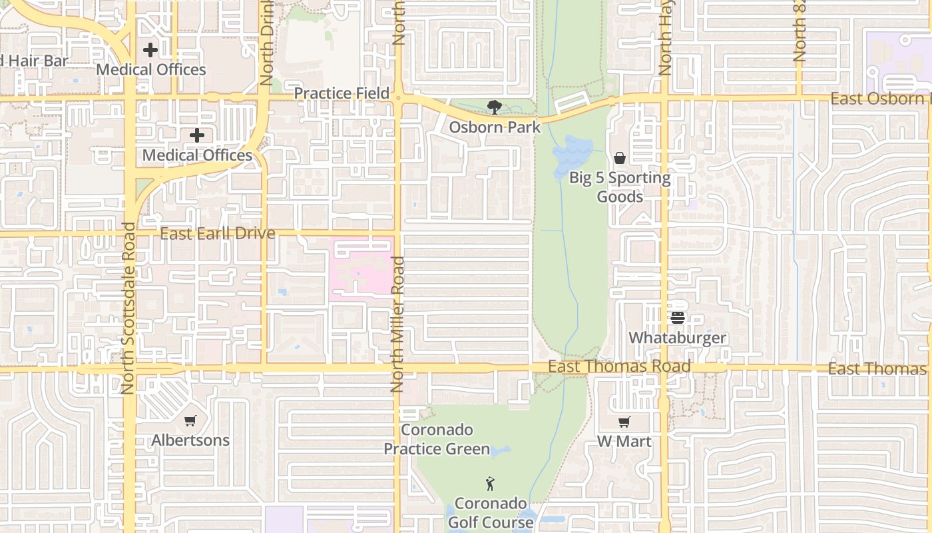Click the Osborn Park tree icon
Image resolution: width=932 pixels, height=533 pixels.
click(x=494, y=107)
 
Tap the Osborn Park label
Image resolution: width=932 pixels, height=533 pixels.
click(x=494, y=127)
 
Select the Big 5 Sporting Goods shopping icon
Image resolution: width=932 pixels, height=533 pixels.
click(x=620, y=158)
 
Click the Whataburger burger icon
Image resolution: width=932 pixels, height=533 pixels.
click(x=678, y=318)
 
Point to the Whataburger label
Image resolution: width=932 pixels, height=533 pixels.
click(x=678, y=338)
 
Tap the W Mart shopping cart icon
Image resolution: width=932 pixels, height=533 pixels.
click(x=624, y=422)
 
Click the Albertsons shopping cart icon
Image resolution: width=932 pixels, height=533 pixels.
click(x=190, y=420)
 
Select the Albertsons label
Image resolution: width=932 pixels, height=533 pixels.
click(x=190, y=440)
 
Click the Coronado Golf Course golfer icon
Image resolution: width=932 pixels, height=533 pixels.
click(x=491, y=483)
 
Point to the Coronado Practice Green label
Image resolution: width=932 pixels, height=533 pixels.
click(x=437, y=440)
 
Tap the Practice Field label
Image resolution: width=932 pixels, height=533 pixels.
click(x=342, y=93)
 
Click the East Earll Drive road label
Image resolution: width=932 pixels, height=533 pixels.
click(x=218, y=233)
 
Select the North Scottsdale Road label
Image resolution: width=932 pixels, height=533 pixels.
click(x=128, y=308)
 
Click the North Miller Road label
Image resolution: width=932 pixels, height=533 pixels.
click(x=397, y=324)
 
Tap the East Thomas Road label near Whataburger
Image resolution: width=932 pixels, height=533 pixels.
click(x=619, y=367)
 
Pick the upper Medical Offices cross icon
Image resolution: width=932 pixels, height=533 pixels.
click(x=150, y=50)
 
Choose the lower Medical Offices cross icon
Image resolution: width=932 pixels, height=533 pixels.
click(x=197, y=136)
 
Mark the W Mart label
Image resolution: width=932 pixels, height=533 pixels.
click(x=624, y=441)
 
